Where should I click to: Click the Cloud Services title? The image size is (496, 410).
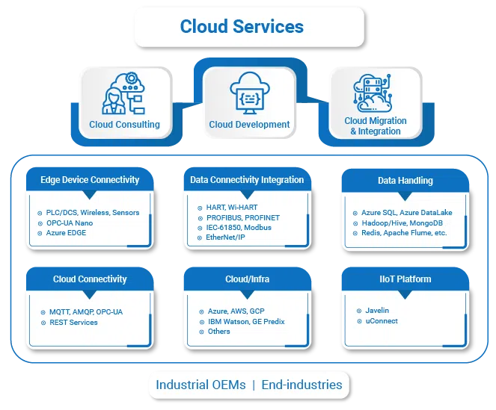tap(242, 27)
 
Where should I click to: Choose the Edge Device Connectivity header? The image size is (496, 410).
tap(90, 179)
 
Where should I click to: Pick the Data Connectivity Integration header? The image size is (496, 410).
tap(247, 179)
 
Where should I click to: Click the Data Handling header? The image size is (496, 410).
tap(405, 180)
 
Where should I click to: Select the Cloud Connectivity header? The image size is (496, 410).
tap(90, 279)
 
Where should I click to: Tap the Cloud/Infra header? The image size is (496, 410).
tap(247, 279)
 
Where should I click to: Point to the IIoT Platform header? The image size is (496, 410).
tap(405, 279)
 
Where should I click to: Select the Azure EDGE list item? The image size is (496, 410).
tap(67, 233)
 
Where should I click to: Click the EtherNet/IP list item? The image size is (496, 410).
tap(226, 237)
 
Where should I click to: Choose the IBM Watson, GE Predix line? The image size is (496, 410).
tap(246, 321)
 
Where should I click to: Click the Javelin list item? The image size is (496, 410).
tap(377, 310)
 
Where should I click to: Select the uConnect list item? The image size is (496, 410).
tap(382, 320)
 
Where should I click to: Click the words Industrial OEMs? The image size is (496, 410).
tap(198, 385)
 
